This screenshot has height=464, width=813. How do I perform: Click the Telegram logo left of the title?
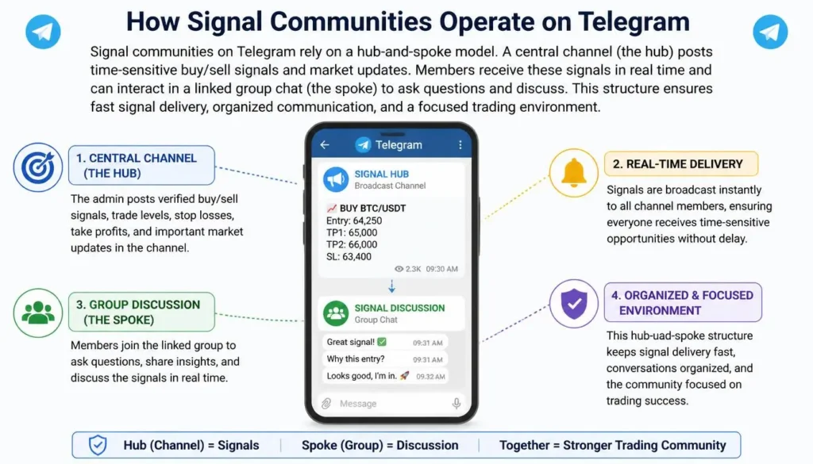click(43, 32)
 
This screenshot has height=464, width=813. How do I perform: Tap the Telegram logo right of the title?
click(770, 32)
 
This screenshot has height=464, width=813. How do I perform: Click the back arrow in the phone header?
click(325, 145)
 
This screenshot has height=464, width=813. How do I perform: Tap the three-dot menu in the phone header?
click(460, 145)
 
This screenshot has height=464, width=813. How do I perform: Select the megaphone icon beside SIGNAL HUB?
click(336, 179)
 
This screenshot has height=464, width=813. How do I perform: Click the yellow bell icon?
click(573, 173)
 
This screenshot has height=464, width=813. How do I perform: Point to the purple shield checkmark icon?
click(573, 304)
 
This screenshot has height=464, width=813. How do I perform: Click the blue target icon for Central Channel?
click(38, 167)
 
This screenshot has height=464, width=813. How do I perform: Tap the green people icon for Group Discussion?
click(38, 313)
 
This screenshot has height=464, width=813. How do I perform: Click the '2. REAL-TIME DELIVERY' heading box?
click(680, 164)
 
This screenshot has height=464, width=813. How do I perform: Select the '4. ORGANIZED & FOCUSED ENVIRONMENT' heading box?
click(682, 302)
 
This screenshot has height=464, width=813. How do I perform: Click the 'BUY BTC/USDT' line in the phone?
click(366, 208)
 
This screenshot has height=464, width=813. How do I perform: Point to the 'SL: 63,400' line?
click(349, 256)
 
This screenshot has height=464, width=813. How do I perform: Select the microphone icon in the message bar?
click(457, 404)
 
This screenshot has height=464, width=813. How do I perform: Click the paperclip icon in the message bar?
click(326, 404)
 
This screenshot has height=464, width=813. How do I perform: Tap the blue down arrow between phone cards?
click(391, 286)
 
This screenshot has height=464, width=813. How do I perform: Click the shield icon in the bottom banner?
click(98, 445)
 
